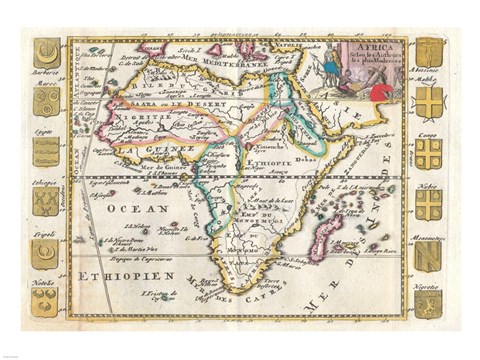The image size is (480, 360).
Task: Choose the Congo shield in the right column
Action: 428,152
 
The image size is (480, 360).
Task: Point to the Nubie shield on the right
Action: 428,204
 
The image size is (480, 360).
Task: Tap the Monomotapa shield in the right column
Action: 428,254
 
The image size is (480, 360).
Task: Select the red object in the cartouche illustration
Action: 383,93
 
